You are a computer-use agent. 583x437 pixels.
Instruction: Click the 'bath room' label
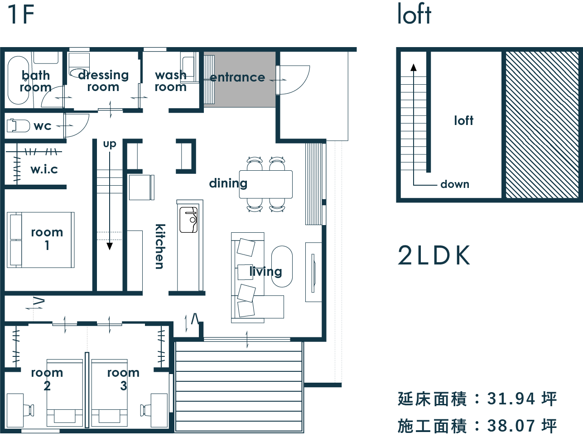pos(35,81)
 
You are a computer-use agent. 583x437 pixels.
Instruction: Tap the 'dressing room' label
pos(103,81)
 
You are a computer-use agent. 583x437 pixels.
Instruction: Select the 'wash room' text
pos(170,81)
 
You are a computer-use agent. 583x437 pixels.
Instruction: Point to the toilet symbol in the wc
pos(18,125)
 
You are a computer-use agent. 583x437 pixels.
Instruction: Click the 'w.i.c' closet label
pos(44,169)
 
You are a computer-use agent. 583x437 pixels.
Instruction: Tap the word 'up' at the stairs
pos(109,144)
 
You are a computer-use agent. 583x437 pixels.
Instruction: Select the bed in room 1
pos(41,240)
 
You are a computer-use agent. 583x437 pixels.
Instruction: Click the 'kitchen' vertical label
pos(160,246)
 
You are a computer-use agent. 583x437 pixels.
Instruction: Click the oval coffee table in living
pos(282,266)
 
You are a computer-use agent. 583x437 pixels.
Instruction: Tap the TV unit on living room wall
pos(313,272)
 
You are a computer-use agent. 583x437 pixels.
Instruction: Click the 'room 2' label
pos(47,379)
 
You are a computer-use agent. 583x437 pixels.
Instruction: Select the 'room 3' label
pos(123,379)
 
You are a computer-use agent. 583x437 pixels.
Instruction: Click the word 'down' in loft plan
pos(454,184)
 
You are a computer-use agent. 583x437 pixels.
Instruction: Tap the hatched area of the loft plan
pos(541,125)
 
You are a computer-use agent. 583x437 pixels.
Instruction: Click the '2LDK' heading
pos(434,256)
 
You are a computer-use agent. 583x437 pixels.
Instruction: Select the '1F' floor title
pos(21,14)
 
